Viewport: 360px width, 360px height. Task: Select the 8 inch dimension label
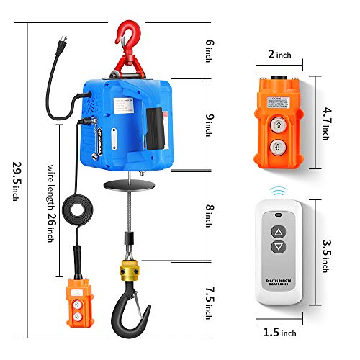(210, 214)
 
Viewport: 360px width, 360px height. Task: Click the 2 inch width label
(279, 54)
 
